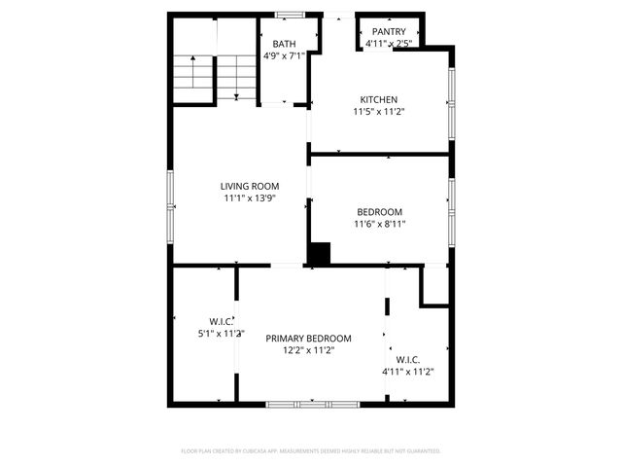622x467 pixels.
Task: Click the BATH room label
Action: point(284,44)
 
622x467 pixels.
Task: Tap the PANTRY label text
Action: point(389,32)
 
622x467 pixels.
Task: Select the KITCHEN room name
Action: point(378,99)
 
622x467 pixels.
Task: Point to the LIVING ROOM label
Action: point(250,186)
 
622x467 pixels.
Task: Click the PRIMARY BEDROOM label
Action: point(309,339)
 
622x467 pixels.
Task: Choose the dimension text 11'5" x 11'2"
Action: point(378,112)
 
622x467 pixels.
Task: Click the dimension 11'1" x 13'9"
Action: point(250,198)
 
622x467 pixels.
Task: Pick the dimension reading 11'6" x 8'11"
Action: point(379,224)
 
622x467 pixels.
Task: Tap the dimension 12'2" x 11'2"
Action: point(309,350)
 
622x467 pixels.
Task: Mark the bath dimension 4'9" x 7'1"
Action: point(284,55)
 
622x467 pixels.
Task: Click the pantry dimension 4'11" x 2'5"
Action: point(389,44)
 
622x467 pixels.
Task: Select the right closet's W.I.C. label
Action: point(407,359)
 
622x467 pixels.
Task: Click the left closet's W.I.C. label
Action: point(221,321)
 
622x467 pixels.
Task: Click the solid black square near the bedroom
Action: point(319,253)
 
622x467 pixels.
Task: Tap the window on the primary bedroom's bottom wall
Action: point(299,404)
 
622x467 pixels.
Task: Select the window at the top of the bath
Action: point(288,14)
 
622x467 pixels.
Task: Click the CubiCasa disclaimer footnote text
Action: point(311,451)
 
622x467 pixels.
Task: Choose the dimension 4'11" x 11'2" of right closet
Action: point(407,371)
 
